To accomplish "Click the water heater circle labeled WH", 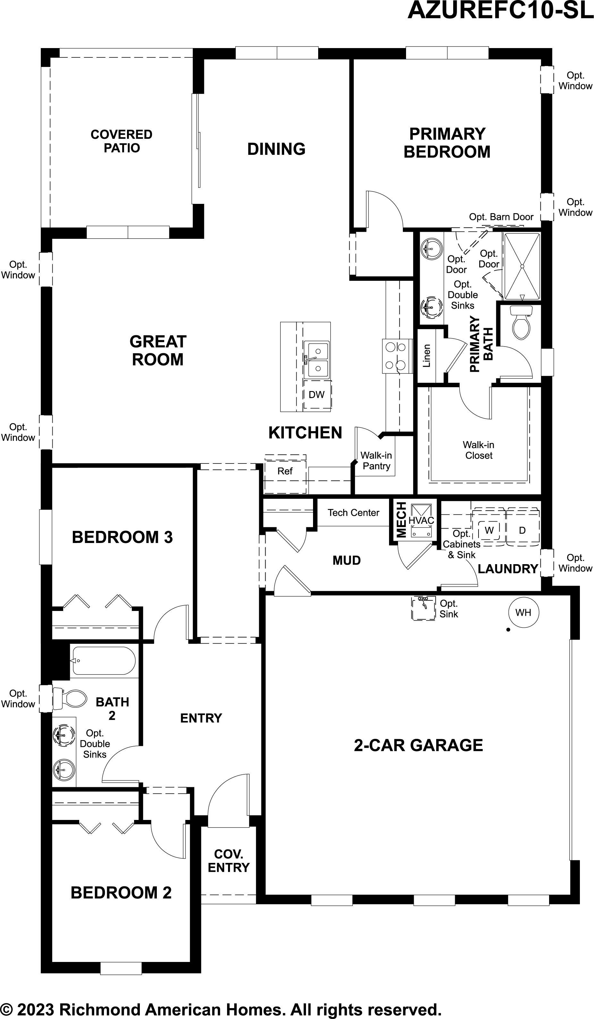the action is pos(523,612).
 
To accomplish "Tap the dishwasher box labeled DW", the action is pos(317,394).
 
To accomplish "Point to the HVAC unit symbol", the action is pos(421,521).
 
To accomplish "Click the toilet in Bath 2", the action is pos(70,698).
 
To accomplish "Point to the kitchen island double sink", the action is pos(317,359).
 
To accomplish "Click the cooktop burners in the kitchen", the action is pos(396,356).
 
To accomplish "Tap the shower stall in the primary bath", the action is pos(522,266).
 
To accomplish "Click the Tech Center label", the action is pos(353,513).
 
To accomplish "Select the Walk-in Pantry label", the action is pos(376,461).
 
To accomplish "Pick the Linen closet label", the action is pos(427,356).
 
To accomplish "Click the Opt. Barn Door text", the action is pos(501,217).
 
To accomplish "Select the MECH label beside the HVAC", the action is pos(401,520).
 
